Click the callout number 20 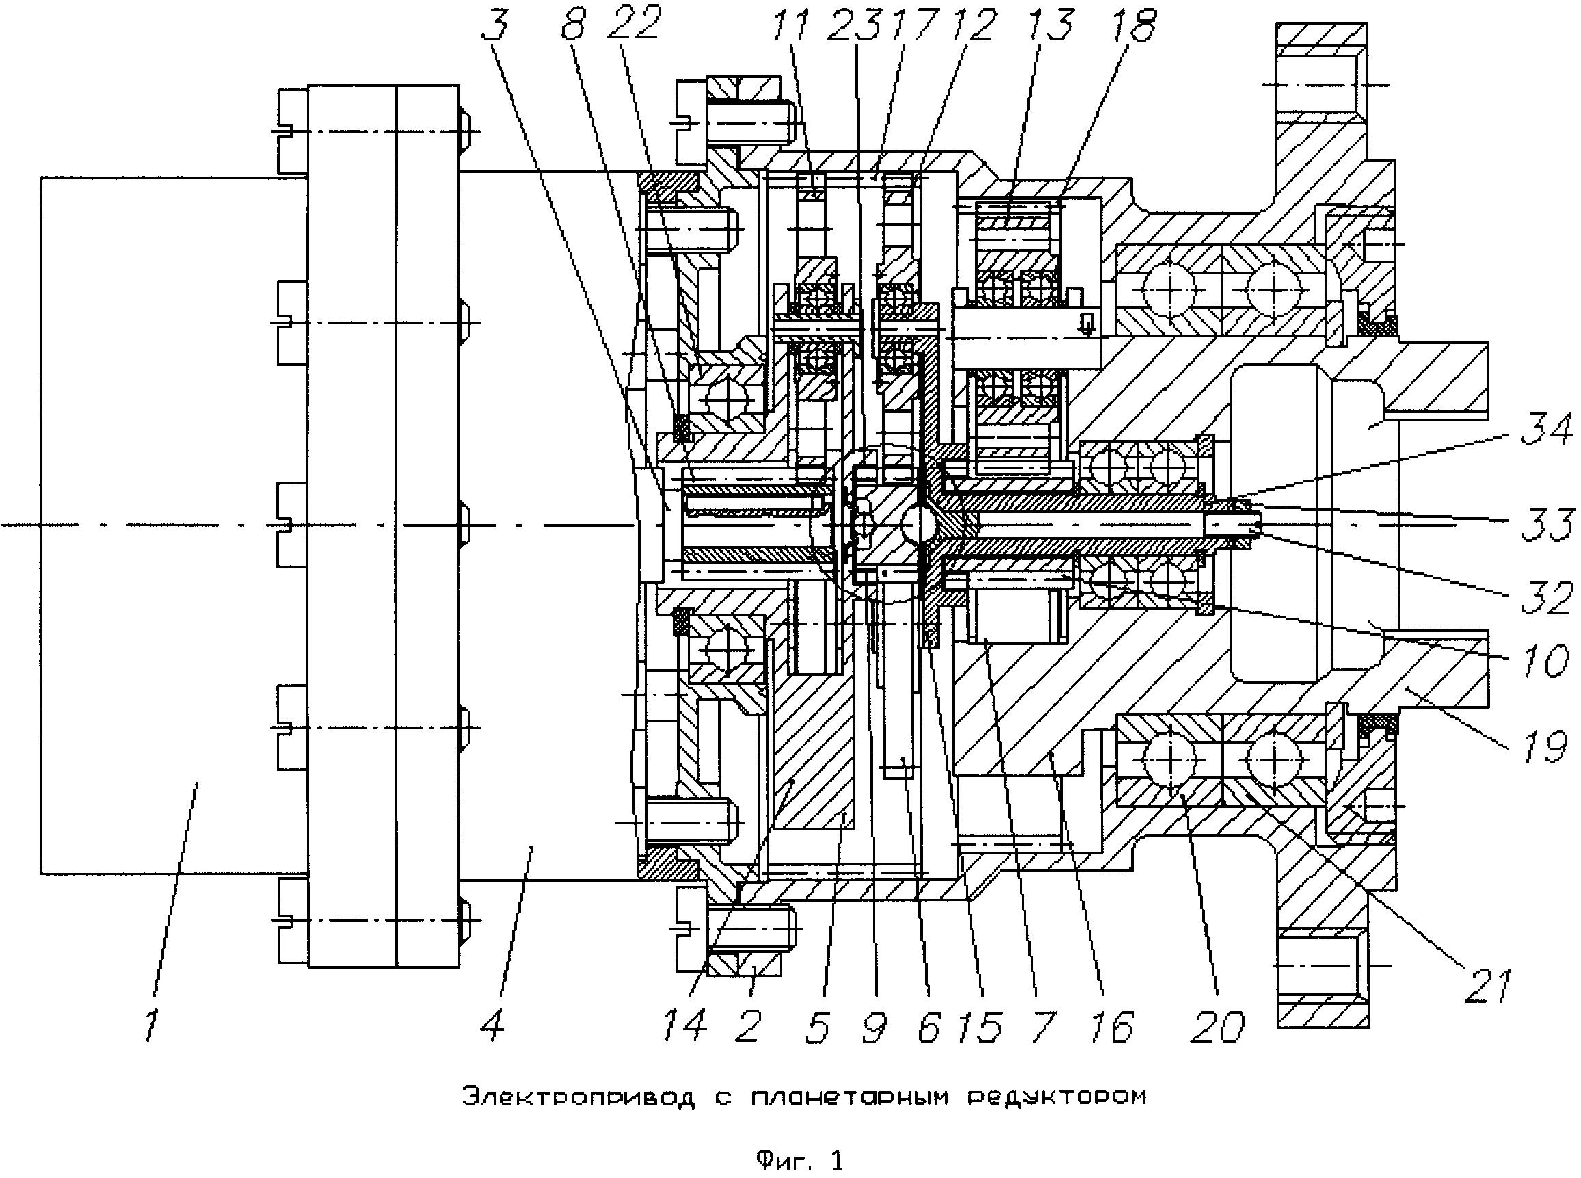point(1216,1025)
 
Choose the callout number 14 point(685,1024)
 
